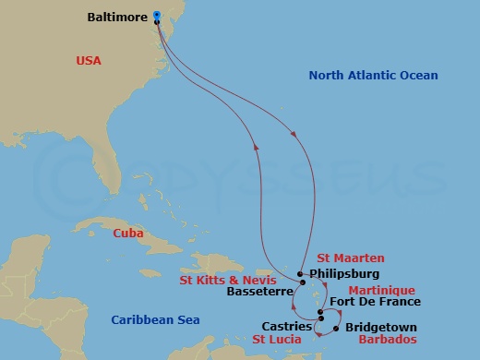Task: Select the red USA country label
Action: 89,61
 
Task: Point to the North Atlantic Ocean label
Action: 373,76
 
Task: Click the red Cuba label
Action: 127,234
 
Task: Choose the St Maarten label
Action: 350,258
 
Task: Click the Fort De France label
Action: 375,302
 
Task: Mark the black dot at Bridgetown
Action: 335,328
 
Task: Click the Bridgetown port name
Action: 380,327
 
